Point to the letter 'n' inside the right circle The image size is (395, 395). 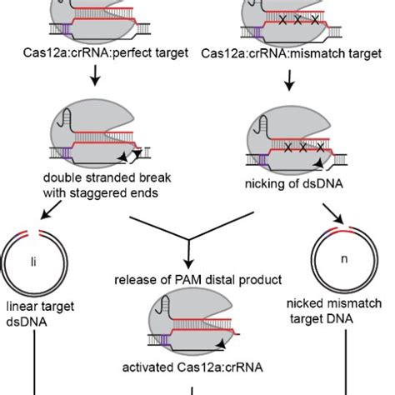[342, 258]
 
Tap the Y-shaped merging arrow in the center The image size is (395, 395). [191, 242]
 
